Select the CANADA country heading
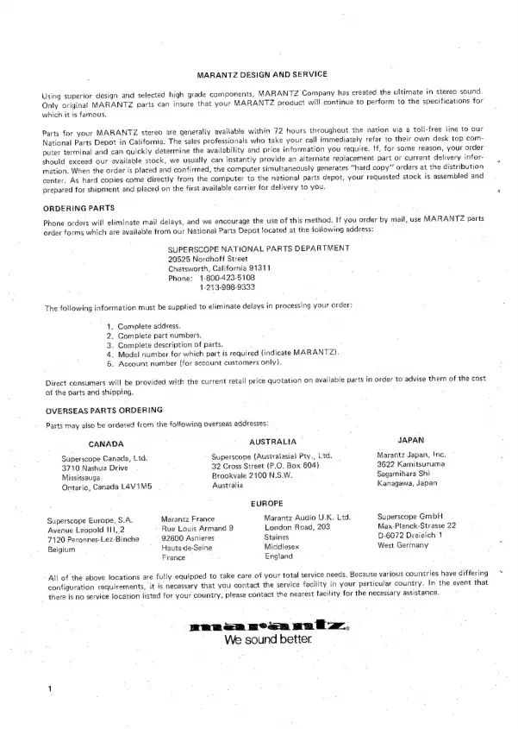click(108, 443)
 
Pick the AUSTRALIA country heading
click(272, 440)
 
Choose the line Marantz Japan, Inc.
click(411, 454)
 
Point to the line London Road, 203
click(297, 527)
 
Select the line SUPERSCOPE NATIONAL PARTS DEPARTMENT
click(259, 249)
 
